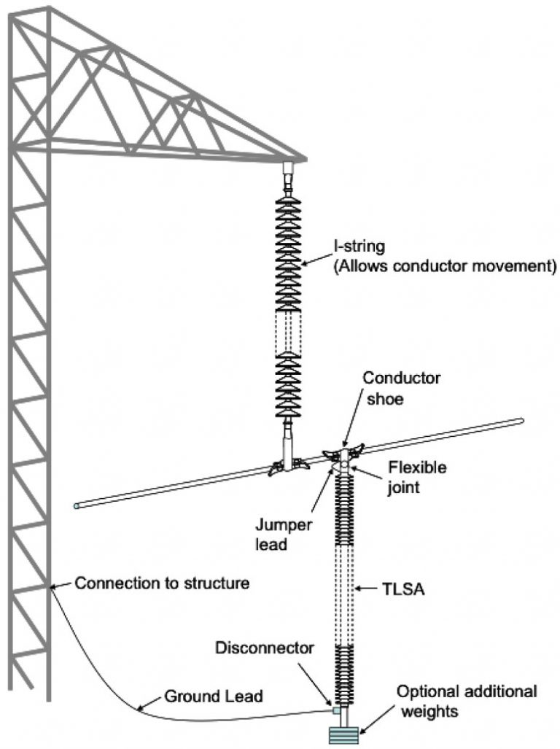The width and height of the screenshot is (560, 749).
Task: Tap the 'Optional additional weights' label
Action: pyautogui.click(x=467, y=699)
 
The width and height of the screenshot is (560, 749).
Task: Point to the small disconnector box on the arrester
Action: pyautogui.click(x=335, y=710)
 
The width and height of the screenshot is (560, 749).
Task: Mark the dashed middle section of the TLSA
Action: pyautogui.click(x=344, y=594)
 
